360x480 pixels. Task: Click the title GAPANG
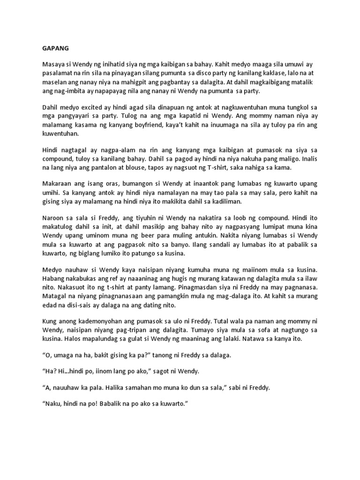coord(50,47)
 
